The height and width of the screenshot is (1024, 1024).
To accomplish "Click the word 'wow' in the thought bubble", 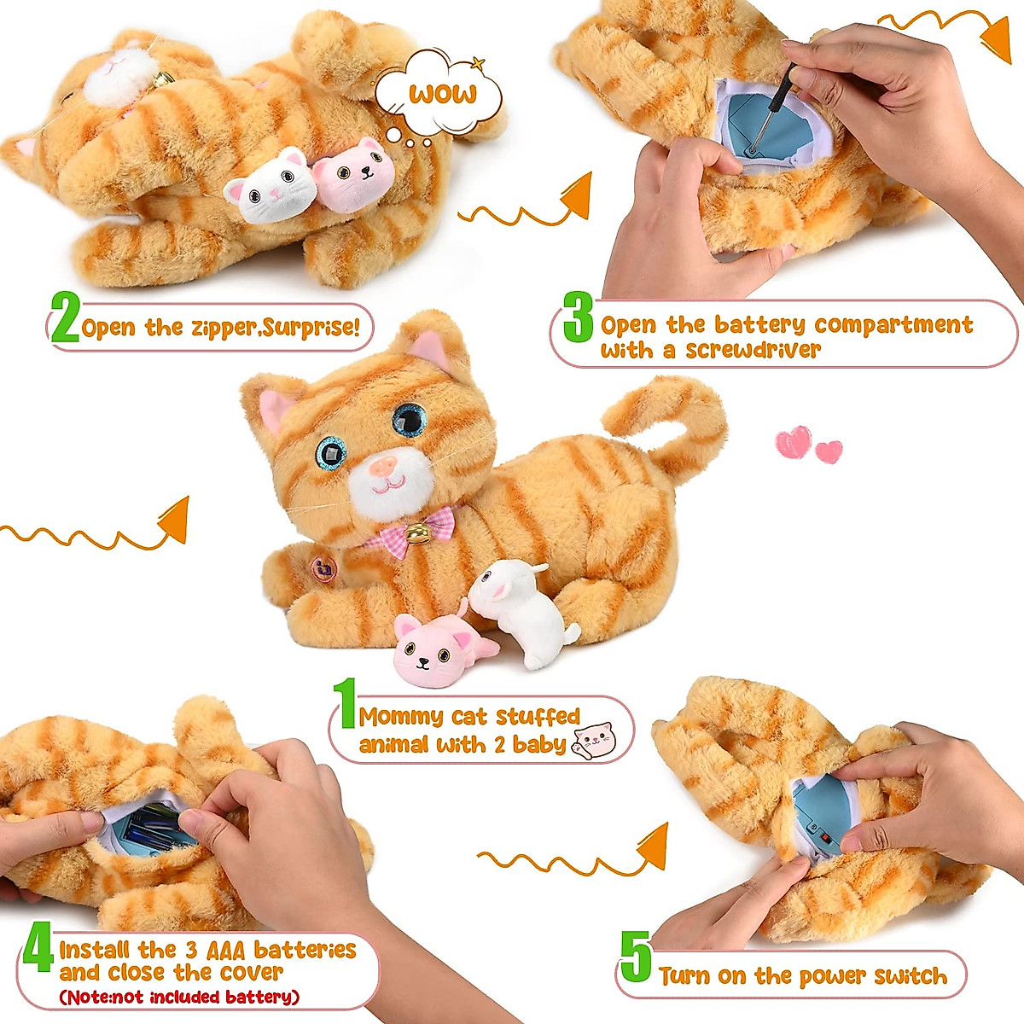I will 442,93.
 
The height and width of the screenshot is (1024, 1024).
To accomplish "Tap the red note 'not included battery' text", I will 179,997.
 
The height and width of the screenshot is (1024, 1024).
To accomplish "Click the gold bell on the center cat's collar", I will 417,534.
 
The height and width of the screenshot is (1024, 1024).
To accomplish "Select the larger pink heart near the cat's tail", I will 793,443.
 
